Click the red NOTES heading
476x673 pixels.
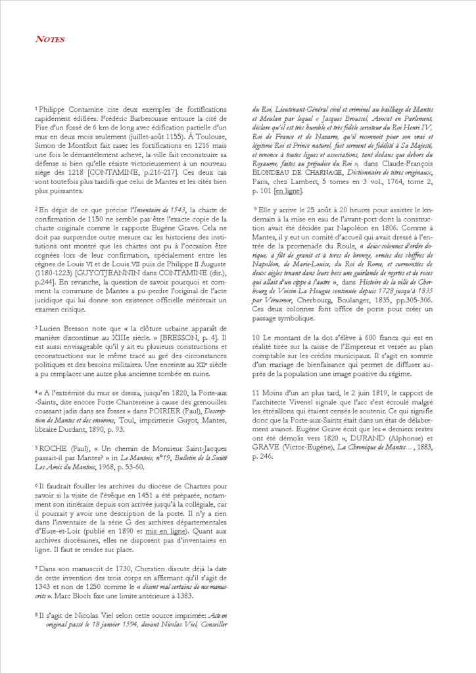pos(50,39)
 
